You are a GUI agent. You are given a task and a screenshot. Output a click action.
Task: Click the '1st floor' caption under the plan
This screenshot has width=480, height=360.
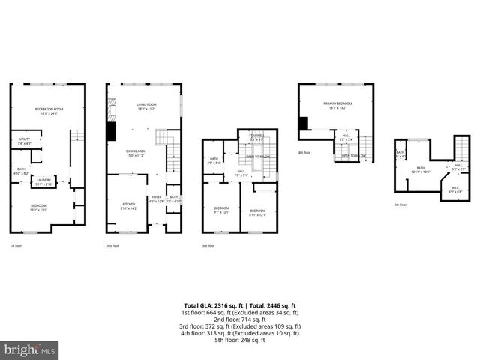(x=16, y=245)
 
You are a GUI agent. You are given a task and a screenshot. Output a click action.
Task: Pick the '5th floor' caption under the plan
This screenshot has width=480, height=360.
(x=401, y=205)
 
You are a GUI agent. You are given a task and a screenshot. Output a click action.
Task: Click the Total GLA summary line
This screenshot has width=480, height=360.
(x=240, y=305)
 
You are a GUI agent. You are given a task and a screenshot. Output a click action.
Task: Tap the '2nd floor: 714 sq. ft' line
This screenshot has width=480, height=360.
(x=240, y=319)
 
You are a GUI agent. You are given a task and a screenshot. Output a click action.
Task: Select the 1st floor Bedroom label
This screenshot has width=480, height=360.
(x=38, y=208)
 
